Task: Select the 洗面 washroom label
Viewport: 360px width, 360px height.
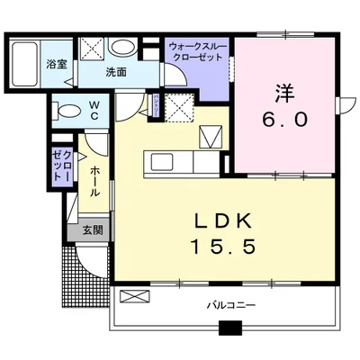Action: pyautogui.click(x=114, y=71)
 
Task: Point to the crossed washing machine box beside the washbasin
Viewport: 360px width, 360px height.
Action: pyautogui.click(x=91, y=48)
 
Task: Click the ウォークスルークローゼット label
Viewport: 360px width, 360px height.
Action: pyautogui.click(x=196, y=49)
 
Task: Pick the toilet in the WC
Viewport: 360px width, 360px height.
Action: pyautogui.click(x=66, y=111)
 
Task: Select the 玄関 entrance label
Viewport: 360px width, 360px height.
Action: pyautogui.click(x=93, y=229)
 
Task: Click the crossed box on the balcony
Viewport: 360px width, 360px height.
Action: pyautogui.click(x=131, y=297)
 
